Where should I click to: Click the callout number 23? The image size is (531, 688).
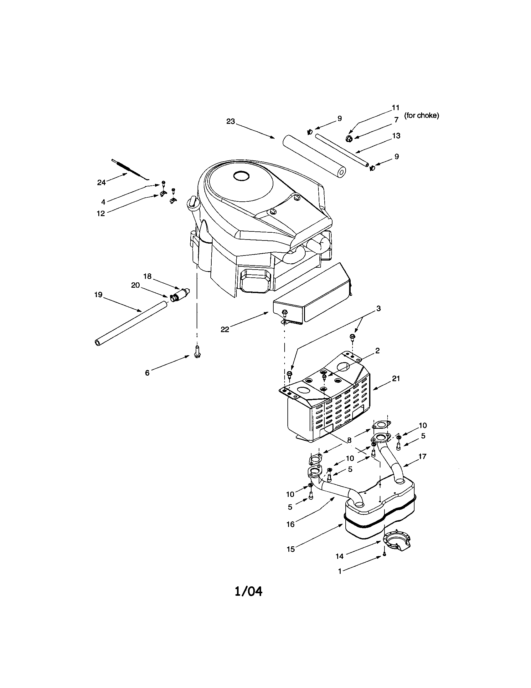(x=231, y=121)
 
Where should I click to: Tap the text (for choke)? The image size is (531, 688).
(x=422, y=116)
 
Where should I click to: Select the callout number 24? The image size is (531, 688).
(x=101, y=182)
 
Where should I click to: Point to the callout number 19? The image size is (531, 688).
(x=98, y=295)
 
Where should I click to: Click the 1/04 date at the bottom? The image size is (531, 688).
(x=249, y=591)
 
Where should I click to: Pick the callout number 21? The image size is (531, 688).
(x=396, y=378)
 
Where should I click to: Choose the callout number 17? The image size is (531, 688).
(x=422, y=456)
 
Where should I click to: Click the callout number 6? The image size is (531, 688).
(x=147, y=373)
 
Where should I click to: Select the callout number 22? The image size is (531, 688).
(x=225, y=329)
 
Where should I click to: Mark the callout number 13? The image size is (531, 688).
(x=396, y=136)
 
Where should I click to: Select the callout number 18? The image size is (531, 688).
(x=147, y=276)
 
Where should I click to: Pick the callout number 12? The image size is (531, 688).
(x=101, y=213)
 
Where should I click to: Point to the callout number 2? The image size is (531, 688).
(x=378, y=351)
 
